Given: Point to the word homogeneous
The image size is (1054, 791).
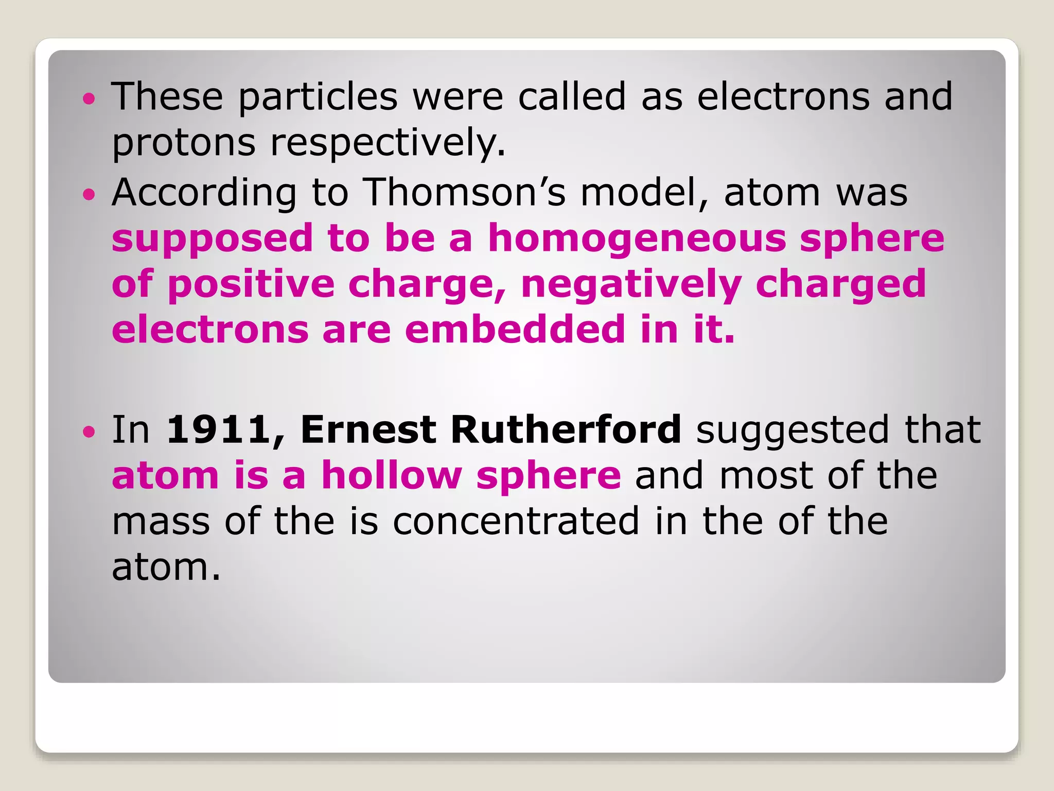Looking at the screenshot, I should [x=637, y=239].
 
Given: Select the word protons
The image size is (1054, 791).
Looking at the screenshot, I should [x=184, y=143].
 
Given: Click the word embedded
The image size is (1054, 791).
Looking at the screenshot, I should [x=515, y=330].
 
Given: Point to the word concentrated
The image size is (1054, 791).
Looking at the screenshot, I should [x=516, y=521].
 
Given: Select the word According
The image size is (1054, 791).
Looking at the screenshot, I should [x=204, y=193].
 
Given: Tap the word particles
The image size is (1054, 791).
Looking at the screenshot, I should [x=318, y=96].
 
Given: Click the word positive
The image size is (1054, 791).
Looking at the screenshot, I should [x=251, y=285].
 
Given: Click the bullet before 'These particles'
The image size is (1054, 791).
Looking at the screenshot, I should [x=89, y=98].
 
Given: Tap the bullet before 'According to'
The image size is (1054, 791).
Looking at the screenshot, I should [x=89, y=194].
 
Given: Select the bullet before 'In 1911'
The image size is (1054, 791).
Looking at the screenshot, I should [x=89, y=431].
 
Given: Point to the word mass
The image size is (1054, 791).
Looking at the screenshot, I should [x=161, y=521].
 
